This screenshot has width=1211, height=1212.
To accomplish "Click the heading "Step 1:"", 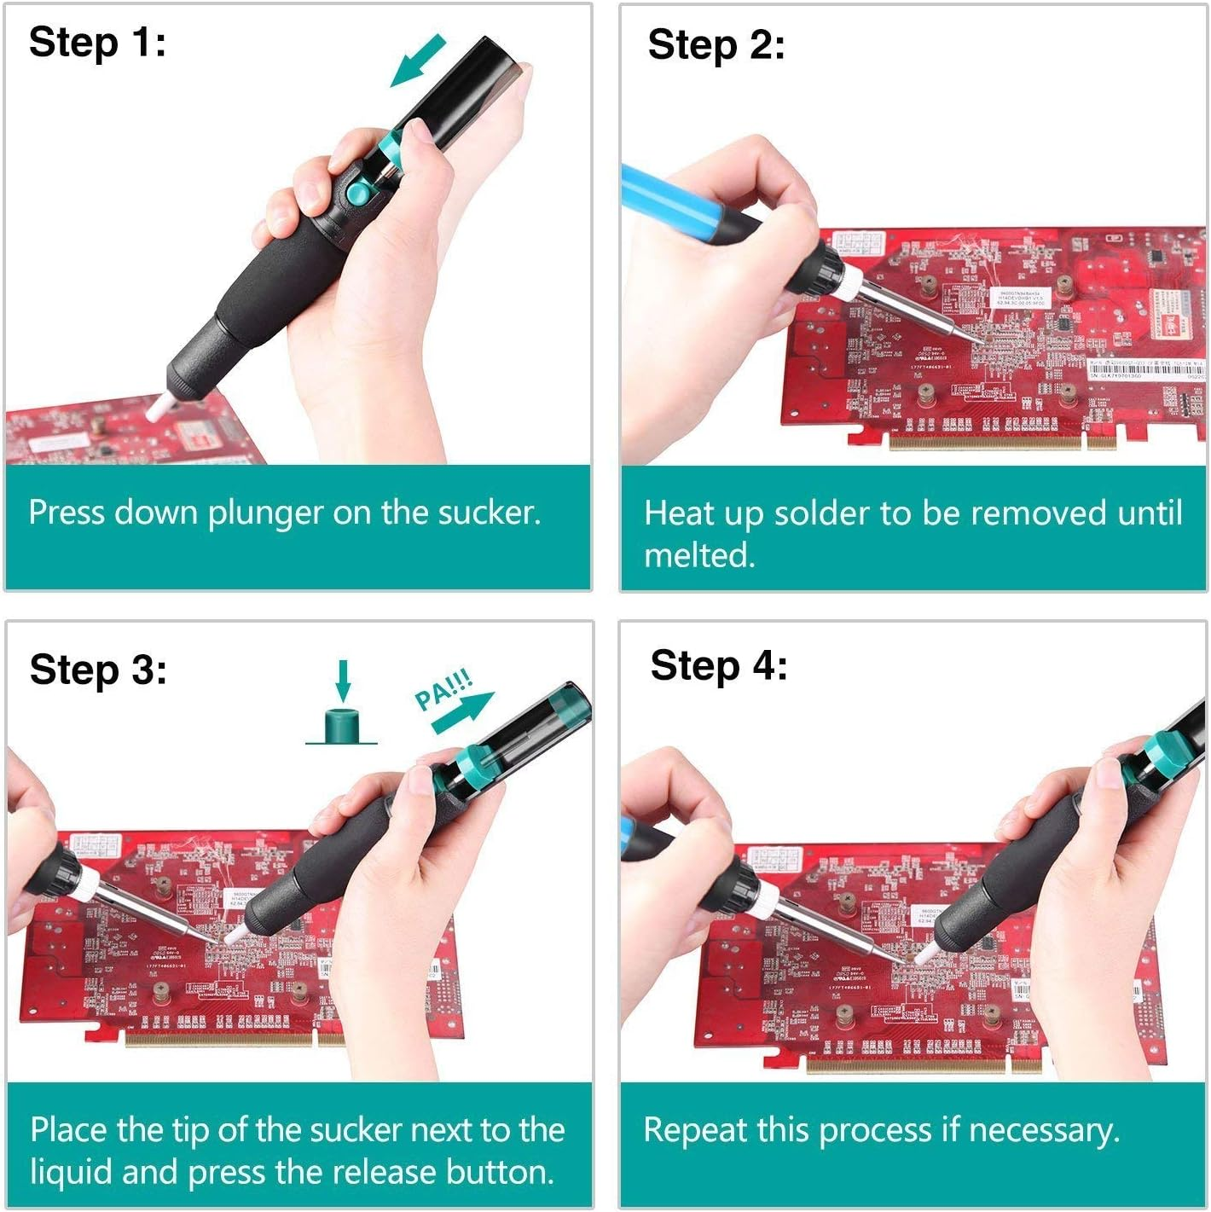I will (97, 43).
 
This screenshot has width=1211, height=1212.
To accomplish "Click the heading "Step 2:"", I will (716, 45).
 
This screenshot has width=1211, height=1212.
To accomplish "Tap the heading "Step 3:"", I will (98, 670).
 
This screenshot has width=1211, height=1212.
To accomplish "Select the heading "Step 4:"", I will (718, 665).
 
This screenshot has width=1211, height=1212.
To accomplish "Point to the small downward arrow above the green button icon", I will (343, 679).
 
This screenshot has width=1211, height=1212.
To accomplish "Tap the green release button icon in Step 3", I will (342, 726).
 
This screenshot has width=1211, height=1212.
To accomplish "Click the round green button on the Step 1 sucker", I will (358, 194).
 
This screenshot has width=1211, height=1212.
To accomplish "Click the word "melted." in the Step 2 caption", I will (699, 556).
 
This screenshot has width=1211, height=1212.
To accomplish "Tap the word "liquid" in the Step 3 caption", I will (72, 1172).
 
